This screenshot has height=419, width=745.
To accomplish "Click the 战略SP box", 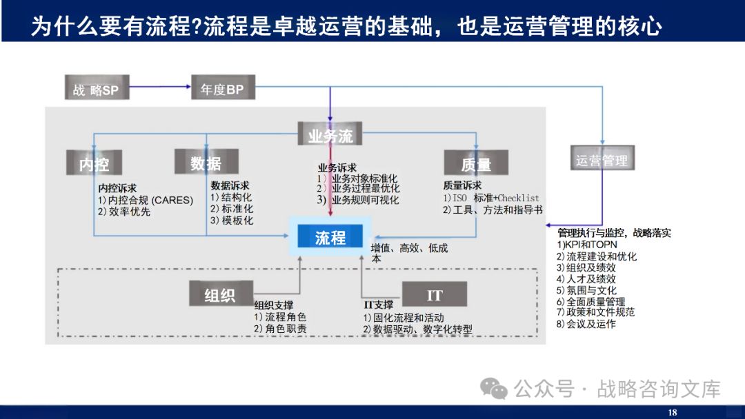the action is (96, 88).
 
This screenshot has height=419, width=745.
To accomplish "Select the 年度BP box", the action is (222, 88).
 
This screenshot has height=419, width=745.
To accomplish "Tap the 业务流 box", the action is (330, 134).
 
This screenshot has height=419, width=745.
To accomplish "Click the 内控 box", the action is (94, 163).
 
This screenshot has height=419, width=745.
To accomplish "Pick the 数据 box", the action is (206, 162).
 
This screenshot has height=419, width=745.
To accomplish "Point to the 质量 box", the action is (476, 163).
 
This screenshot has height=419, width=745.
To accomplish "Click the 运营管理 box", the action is (602, 160).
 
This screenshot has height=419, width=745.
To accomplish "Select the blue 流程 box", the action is (330, 238).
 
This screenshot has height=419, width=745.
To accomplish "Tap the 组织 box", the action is (219, 294).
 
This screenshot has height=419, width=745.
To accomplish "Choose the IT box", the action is (434, 294).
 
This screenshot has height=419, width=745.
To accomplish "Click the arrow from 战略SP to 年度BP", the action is (160, 87).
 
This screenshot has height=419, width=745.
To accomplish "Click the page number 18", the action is (673, 412).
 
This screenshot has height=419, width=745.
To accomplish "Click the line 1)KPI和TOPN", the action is (587, 245).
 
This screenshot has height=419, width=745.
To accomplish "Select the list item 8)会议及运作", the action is (586, 324).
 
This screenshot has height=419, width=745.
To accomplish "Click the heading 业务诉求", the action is (337, 167).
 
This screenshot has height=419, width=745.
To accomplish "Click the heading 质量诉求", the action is (462, 185).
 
